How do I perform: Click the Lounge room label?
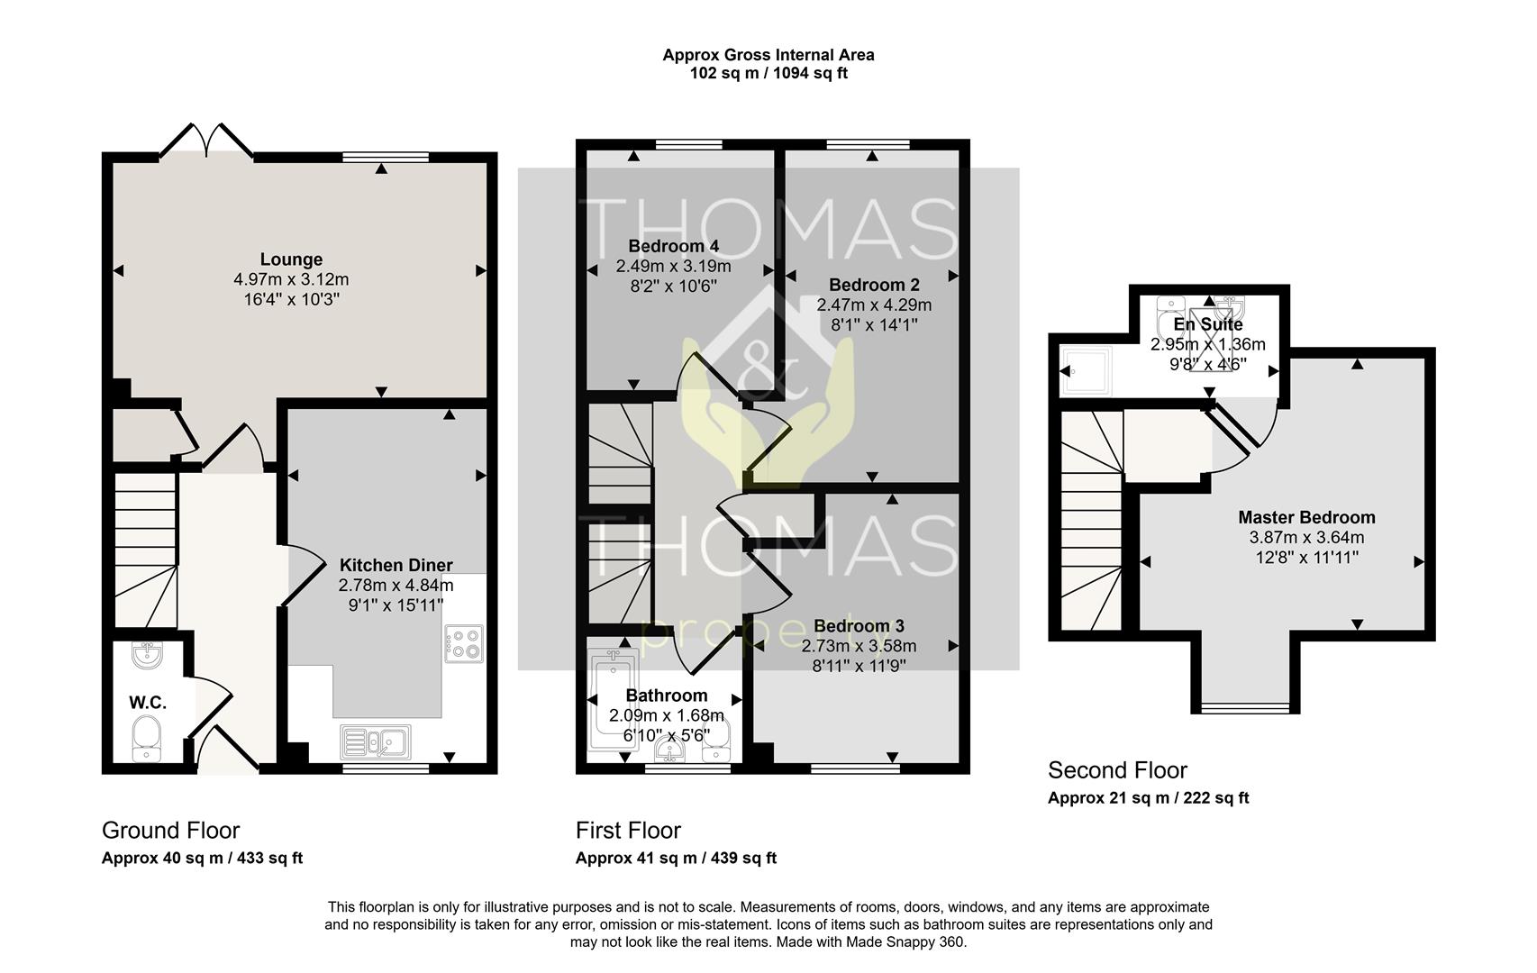tap(291, 259)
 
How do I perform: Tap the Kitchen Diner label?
tap(396, 566)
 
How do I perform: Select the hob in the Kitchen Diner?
tap(464, 643)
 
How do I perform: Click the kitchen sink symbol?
tap(376, 742)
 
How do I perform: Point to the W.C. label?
tap(148, 703)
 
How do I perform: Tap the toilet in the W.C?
tap(146, 739)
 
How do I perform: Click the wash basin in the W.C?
tap(147, 655)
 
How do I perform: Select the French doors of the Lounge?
tap(206, 141)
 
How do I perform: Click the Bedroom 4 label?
tap(674, 246)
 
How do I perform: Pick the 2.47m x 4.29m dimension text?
tap(874, 305)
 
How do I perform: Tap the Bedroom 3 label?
tap(859, 626)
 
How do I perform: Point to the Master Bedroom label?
tap(1306, 517)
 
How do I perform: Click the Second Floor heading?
tap(1117, 770)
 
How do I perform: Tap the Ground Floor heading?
tap(171, 831)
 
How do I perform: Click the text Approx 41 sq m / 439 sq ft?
tap(676, 858)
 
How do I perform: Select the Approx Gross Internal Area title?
tap(768, 55)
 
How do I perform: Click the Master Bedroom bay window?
tap(1245, 707)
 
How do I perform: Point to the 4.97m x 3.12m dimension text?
tap(291, 280)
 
